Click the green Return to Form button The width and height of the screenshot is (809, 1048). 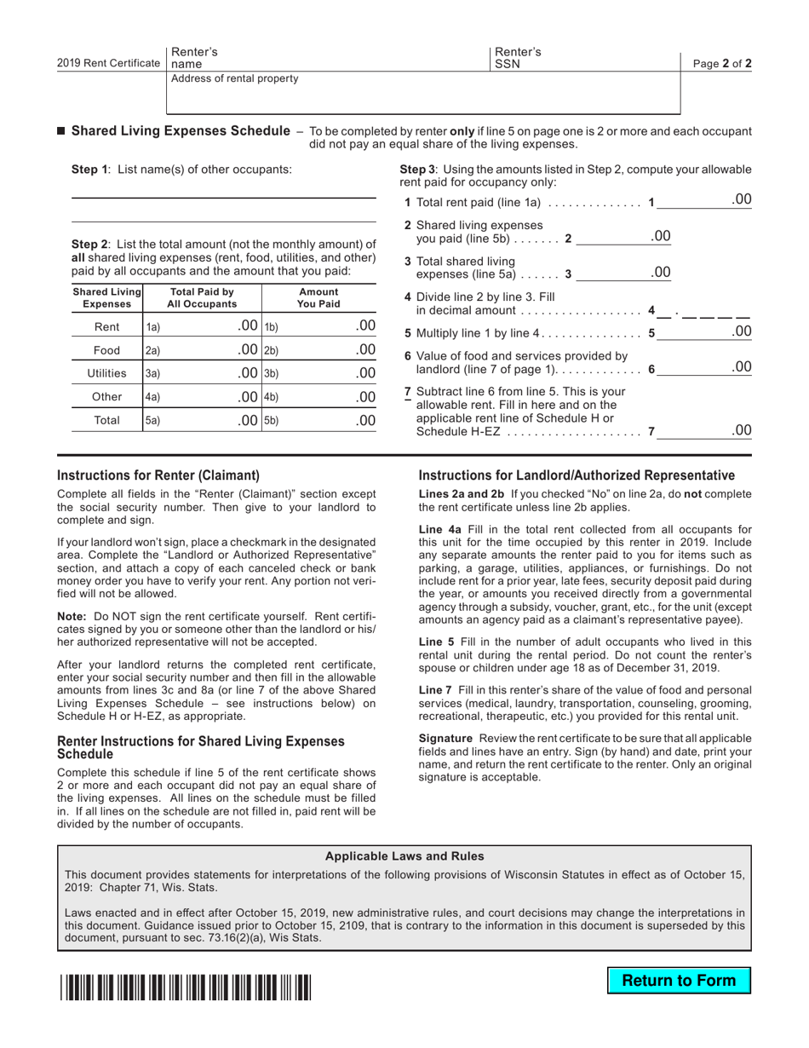tap(679, 980)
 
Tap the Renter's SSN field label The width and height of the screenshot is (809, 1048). tap(518, 58)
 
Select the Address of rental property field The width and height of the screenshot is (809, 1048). tap(423, 93)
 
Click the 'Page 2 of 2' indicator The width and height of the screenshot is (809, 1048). tap(722, 64)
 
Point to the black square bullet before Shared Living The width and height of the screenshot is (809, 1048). tap(61, 131)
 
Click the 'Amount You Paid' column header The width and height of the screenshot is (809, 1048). tap(318, 297)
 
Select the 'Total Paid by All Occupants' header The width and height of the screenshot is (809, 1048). tap(202, 297)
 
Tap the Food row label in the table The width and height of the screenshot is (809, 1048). tap(106, 350)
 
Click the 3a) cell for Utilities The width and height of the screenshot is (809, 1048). tap(202, 373)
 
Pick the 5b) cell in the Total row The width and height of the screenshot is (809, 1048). tap(318, 420)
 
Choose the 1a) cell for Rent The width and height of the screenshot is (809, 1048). tap(202, 326)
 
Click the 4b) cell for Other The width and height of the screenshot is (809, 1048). tap(318, 397)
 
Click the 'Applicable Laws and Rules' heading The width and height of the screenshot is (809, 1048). tap(404, 856)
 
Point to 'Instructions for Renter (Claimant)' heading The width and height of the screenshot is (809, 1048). tap(158, 475)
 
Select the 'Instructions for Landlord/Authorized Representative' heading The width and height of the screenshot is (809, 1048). tap(577, 475)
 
